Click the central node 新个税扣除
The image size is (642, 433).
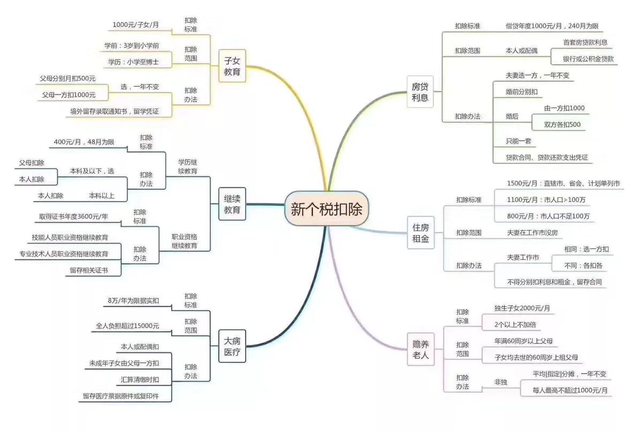(326, 208)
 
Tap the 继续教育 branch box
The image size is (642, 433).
(232, 204)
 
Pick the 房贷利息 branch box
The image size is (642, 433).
(420, 92)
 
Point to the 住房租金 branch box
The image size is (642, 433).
(420, 233)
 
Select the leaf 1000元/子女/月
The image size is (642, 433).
(136, 25)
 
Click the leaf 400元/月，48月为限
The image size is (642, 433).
(84, 142)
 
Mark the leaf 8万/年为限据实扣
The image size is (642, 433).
(133, 301)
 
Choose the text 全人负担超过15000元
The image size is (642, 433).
(127, 326)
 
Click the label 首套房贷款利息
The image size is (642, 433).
(585, 42)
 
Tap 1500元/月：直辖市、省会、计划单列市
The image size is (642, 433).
(563, 183)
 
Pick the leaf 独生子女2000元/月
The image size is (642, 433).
(522, 308)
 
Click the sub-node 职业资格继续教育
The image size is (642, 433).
(185, 241)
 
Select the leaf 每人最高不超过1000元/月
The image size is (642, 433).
(570, 390)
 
